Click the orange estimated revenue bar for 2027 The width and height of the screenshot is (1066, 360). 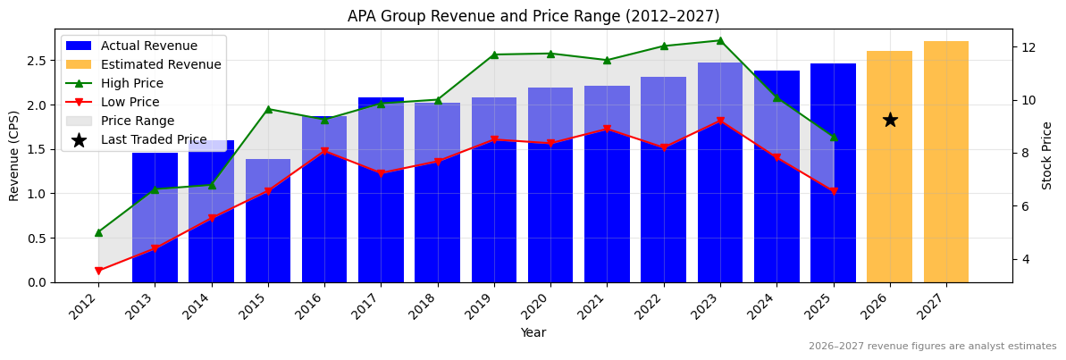(945, 162)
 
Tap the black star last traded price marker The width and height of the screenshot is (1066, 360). (890, 120)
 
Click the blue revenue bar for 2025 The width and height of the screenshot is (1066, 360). (833, 223)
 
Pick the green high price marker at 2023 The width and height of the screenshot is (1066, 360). (720, 40)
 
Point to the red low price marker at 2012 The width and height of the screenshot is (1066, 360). (98, 271)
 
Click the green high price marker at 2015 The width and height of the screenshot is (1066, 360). (268, 109)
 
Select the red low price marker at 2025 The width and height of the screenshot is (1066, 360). (834, 191)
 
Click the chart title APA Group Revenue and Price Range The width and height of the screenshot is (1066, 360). (533, 16)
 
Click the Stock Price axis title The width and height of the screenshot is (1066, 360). (1047, 155)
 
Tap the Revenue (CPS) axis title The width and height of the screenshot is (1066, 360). (14, 155)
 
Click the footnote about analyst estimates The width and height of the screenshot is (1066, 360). (932, 347)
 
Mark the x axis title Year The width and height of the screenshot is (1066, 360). (533, 332)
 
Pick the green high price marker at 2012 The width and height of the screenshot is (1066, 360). (98, 232)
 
